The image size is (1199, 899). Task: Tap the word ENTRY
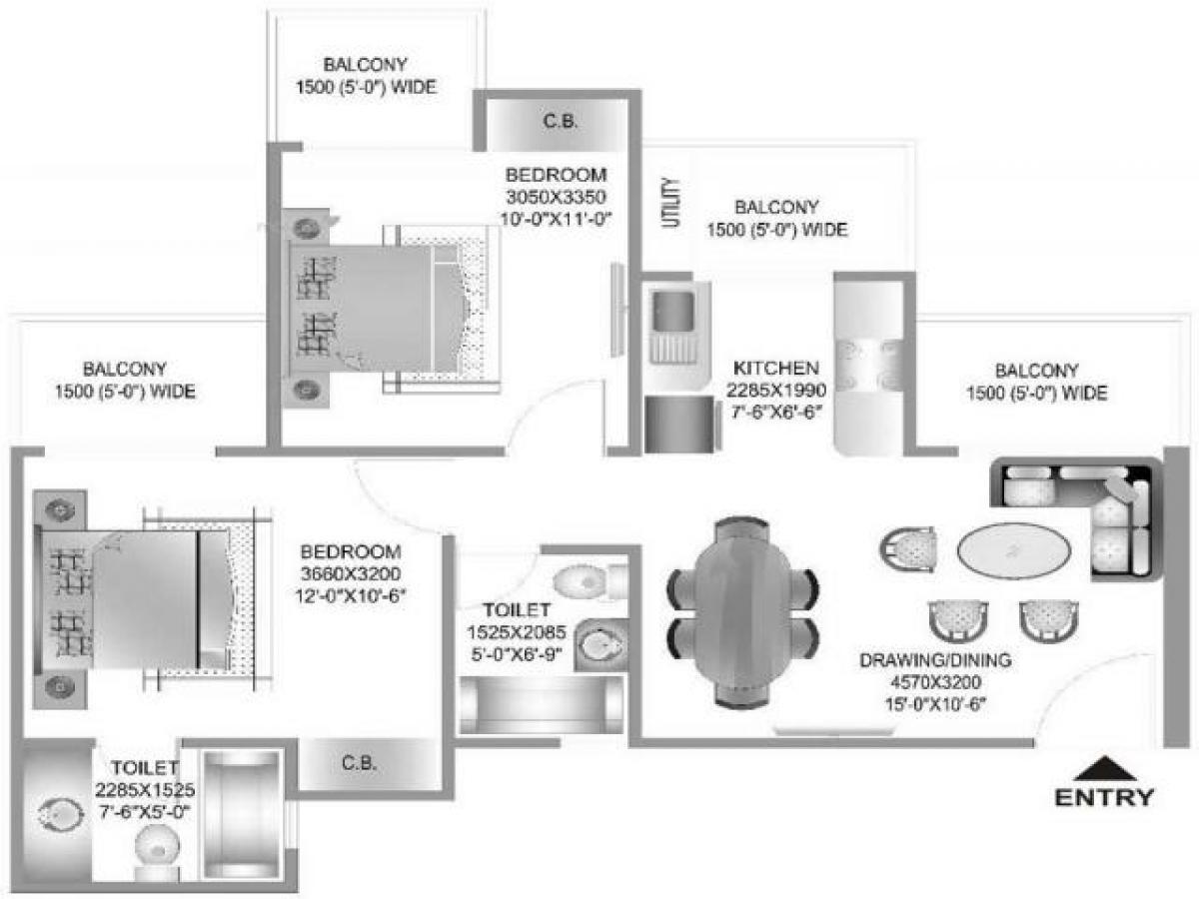[x=1104, y=797]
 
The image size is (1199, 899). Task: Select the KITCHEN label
[x=776, y=368]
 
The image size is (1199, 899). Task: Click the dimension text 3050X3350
[x=557, y=195]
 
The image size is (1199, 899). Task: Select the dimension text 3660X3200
[x=351, y=573]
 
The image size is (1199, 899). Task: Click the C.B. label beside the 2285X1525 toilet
[x=359, y=764]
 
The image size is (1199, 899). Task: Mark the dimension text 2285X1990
[x=776, y=390]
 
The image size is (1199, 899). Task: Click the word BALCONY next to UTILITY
[x=776, y=208]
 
